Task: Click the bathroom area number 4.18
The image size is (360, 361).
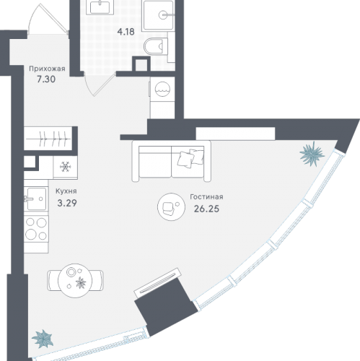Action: click(x=126, y=32)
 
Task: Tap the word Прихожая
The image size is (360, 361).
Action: click(x=47, y=69)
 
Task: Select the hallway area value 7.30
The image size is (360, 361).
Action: click(x=46, y=79)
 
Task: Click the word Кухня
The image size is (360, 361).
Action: click(x=66, y=191)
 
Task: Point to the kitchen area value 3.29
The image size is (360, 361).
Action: click(x=67, y=203)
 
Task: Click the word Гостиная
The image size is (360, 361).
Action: click(x=206, y=197)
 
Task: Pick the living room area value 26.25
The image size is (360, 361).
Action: click(x=206, y=209)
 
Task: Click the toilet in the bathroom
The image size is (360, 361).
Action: click(x=156, y=46)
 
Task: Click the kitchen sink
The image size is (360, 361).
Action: click(x=36, y=199)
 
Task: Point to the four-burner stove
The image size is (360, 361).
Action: click(x=36, y=229)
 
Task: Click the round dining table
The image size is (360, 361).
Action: click(x=75, y=280)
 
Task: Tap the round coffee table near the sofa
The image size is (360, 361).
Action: click(x=171, y=206)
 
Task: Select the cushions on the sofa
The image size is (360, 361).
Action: click(x=190, y=157)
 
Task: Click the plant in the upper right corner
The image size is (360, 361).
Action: click(x=312, y=154)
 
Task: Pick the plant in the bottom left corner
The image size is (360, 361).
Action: click(x=43, y=339)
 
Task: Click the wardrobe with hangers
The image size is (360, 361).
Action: click(x=48, y=139)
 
